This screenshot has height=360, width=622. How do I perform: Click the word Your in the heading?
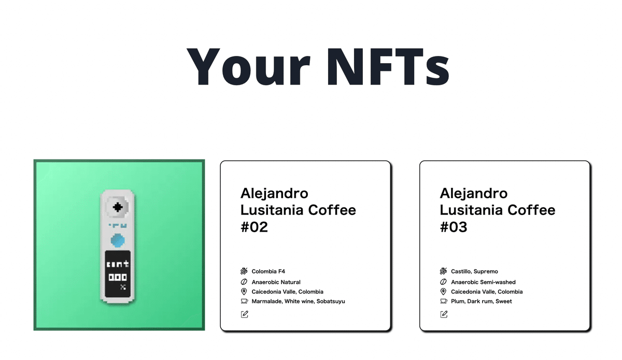244,67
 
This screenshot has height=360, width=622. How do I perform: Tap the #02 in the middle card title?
254,227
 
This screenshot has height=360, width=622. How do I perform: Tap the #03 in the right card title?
454,227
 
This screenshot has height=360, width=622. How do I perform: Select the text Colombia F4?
268,271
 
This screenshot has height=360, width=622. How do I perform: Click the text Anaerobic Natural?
276,282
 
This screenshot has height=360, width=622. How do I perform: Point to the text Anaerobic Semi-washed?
483,282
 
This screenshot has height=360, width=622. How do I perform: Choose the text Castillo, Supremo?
474,271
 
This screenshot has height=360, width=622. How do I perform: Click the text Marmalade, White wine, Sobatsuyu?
298,301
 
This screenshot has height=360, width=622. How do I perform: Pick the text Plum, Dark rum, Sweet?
481,301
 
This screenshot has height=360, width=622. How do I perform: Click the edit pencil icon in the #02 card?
245,314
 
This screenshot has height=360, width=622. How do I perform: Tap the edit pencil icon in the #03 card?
444,314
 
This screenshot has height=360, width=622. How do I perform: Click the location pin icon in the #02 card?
245,292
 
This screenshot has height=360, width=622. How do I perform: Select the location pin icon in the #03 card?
444,292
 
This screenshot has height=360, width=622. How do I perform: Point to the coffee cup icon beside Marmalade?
245,301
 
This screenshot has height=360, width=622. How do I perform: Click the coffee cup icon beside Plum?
444,301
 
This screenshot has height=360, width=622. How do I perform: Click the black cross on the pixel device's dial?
118,207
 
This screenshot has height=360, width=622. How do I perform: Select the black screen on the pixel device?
118,275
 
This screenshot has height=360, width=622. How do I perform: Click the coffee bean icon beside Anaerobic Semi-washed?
444,282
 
